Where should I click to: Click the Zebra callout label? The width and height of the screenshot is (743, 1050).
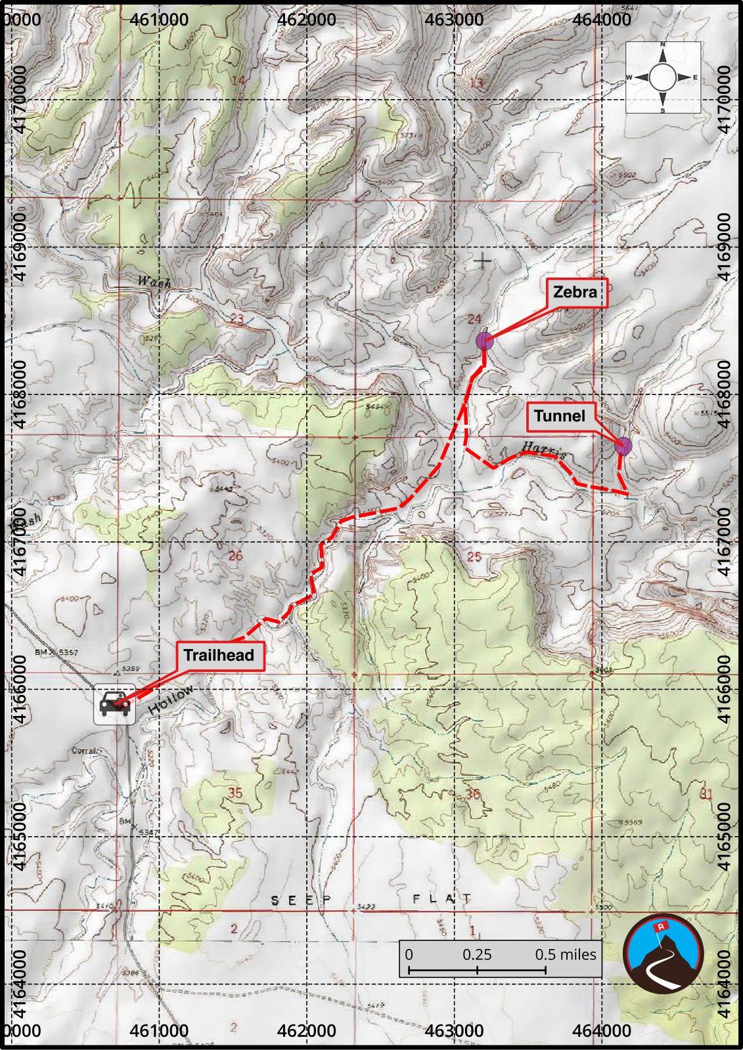click(575, 292)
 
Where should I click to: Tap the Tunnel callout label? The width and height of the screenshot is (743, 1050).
click(559, 416)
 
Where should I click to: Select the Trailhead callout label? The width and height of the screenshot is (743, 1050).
click(219, 655)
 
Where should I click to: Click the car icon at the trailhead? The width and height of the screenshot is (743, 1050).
click(114, 705)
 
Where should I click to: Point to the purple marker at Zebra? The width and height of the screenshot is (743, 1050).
click(484, 341)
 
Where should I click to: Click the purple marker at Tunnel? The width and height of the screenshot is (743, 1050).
click(623, 446)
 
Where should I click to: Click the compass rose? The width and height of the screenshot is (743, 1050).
click(662, 77)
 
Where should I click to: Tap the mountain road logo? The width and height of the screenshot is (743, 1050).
click(663, 953)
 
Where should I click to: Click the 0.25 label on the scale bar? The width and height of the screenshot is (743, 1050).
click(477, 954)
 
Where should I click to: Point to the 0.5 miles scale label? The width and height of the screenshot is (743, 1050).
click(566, 954)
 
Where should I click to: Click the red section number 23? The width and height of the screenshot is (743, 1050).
click(236, 319)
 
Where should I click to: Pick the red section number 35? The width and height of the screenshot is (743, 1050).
click(235, 793)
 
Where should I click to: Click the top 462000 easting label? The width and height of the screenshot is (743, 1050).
click(307, 19)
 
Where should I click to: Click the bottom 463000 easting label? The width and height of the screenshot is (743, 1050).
click(455, 1031)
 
